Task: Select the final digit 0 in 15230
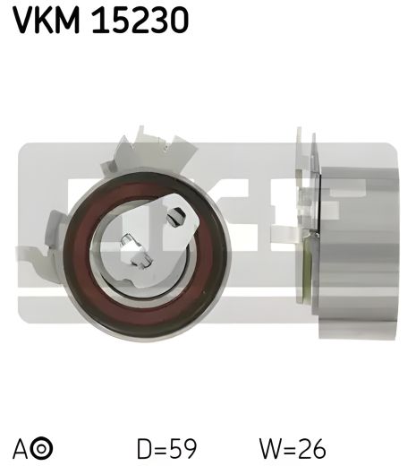coord(177,19)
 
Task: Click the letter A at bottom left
coord(21,446)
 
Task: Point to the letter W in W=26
coord(267,446)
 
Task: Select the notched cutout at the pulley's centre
coord(134,251)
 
